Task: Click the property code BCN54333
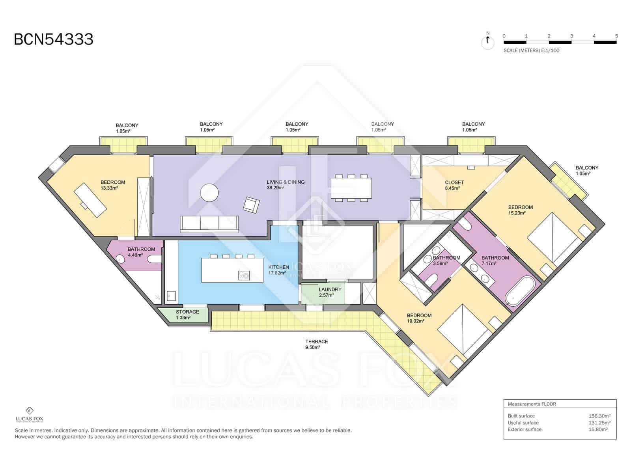click(54, 39)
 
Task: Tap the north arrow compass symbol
click(487, 41)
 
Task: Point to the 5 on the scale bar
click(616, 36)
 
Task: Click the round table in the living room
click(209, 192)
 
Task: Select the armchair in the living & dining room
click(251, 205)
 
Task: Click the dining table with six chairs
click(351, 188)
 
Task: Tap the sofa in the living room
click(209, 224)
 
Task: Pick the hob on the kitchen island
click(244, 276)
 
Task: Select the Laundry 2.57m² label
click(330, 292)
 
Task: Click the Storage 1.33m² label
click(187, 315)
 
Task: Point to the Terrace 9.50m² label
click(317, 345)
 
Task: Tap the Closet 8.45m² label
click(454, 185)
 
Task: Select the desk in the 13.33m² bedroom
click(90, 200)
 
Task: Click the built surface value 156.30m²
click(599, 416)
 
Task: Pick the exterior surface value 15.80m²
click(598, 429)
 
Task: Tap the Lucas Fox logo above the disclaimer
click(29, 414)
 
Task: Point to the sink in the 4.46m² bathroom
click(120, 259)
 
